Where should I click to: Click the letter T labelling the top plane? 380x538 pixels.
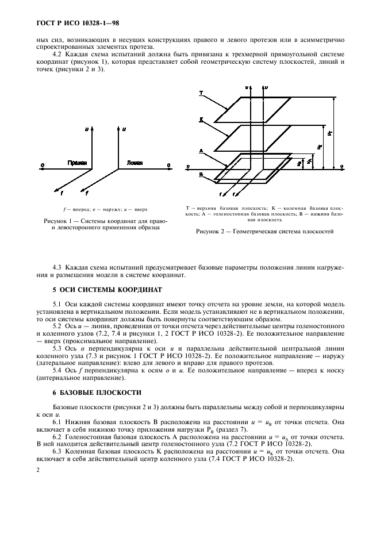pos(201,93)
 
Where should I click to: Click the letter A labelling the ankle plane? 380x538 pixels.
pos(201,151)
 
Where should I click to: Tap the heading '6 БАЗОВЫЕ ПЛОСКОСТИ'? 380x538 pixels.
pos(96,393)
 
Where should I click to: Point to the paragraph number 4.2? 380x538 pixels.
pos(57,55)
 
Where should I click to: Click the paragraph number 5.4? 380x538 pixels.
pos(57,370)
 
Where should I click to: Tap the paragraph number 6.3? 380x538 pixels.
pos(57,452)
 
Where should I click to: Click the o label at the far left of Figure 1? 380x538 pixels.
pos(42,166)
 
